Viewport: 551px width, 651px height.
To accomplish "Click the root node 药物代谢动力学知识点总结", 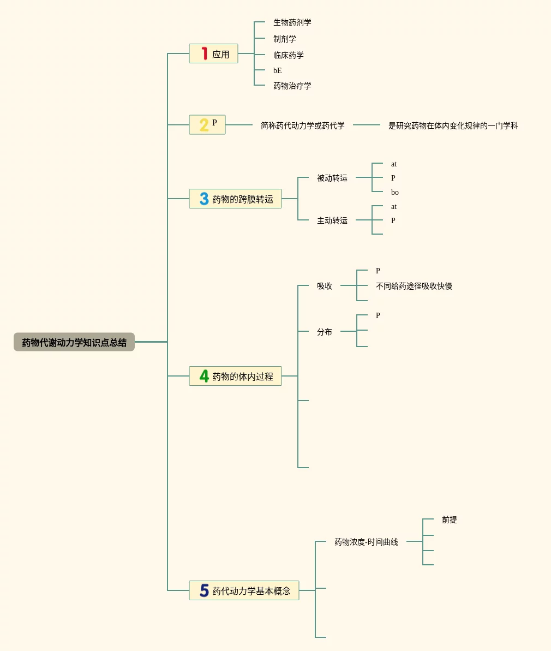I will pos(74,342).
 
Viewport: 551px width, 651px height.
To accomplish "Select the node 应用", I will pos(220,54).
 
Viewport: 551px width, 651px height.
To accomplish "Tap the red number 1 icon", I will pos(204,53).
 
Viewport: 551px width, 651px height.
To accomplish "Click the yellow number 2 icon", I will pos(203,125).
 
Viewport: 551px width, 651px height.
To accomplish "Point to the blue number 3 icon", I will pos(204,199).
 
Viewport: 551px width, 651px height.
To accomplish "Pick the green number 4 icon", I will pos(204,376).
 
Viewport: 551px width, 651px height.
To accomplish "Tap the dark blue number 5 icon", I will pos(204,590).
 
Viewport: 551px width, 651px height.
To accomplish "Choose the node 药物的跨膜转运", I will pos(243,199).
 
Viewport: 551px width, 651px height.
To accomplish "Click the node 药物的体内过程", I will pos(243,377).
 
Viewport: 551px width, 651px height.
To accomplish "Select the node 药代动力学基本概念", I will pos(251,591).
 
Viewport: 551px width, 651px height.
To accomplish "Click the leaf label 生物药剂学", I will pos(292,23).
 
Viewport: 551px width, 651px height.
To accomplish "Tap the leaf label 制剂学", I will pos(285,39).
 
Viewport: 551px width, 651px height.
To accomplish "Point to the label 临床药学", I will pos(289,55).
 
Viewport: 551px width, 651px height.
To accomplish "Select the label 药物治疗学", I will pos(292,86).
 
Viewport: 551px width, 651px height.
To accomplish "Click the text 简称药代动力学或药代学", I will pos(303,126).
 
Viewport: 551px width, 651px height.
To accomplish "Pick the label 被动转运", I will pos(332,178).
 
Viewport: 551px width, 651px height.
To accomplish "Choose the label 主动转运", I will pos(332,220).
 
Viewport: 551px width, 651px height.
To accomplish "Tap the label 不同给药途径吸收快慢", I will pos(414,286).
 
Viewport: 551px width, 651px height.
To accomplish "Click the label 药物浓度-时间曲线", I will pos(366,542).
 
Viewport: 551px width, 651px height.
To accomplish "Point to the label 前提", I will pos(450,520).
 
